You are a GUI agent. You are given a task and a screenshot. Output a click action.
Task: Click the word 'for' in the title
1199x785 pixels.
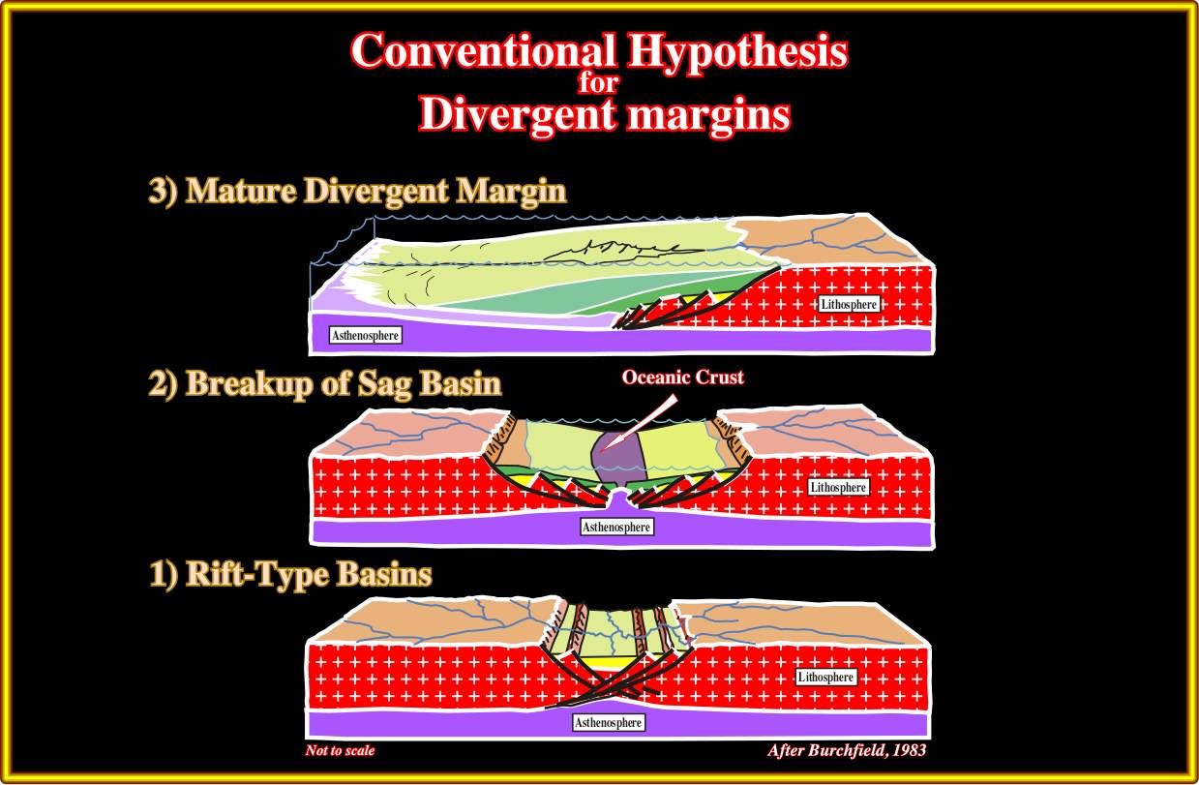(x=598, y=83)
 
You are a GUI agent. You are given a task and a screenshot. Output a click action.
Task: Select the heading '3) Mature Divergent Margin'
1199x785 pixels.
(x=357, y=191)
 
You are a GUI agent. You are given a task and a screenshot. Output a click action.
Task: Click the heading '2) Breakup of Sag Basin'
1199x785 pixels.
(x=325, y=384)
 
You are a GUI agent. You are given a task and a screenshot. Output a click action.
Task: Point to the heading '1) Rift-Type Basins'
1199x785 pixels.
(x=290, y=575)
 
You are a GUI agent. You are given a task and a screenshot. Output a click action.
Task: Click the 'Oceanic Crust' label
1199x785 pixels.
(x=682, y=377)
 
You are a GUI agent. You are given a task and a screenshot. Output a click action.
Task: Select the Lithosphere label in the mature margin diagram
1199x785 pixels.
(x=849, y=304)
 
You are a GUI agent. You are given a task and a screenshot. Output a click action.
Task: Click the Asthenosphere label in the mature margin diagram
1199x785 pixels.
(x=365, y=335)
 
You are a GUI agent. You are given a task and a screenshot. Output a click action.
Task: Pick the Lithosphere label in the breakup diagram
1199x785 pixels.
(x=838, y=487)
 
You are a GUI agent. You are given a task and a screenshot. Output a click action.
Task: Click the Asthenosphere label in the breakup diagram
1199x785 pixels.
(x=616, y=527)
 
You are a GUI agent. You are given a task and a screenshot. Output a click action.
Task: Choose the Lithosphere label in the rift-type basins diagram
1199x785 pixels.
(x=825, y=677)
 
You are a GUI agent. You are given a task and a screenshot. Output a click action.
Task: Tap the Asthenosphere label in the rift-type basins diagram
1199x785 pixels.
(x=608, y=722)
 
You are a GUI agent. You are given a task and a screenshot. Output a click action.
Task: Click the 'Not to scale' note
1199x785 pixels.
(x=340, y=750)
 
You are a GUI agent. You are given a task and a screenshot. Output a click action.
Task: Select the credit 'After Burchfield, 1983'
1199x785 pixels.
(x=847, y=750)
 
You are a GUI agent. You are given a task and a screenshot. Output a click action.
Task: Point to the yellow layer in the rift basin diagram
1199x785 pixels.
(x=614, y=662)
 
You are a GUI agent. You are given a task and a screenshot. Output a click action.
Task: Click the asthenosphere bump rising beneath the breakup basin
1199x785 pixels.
(x=618, y=498)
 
